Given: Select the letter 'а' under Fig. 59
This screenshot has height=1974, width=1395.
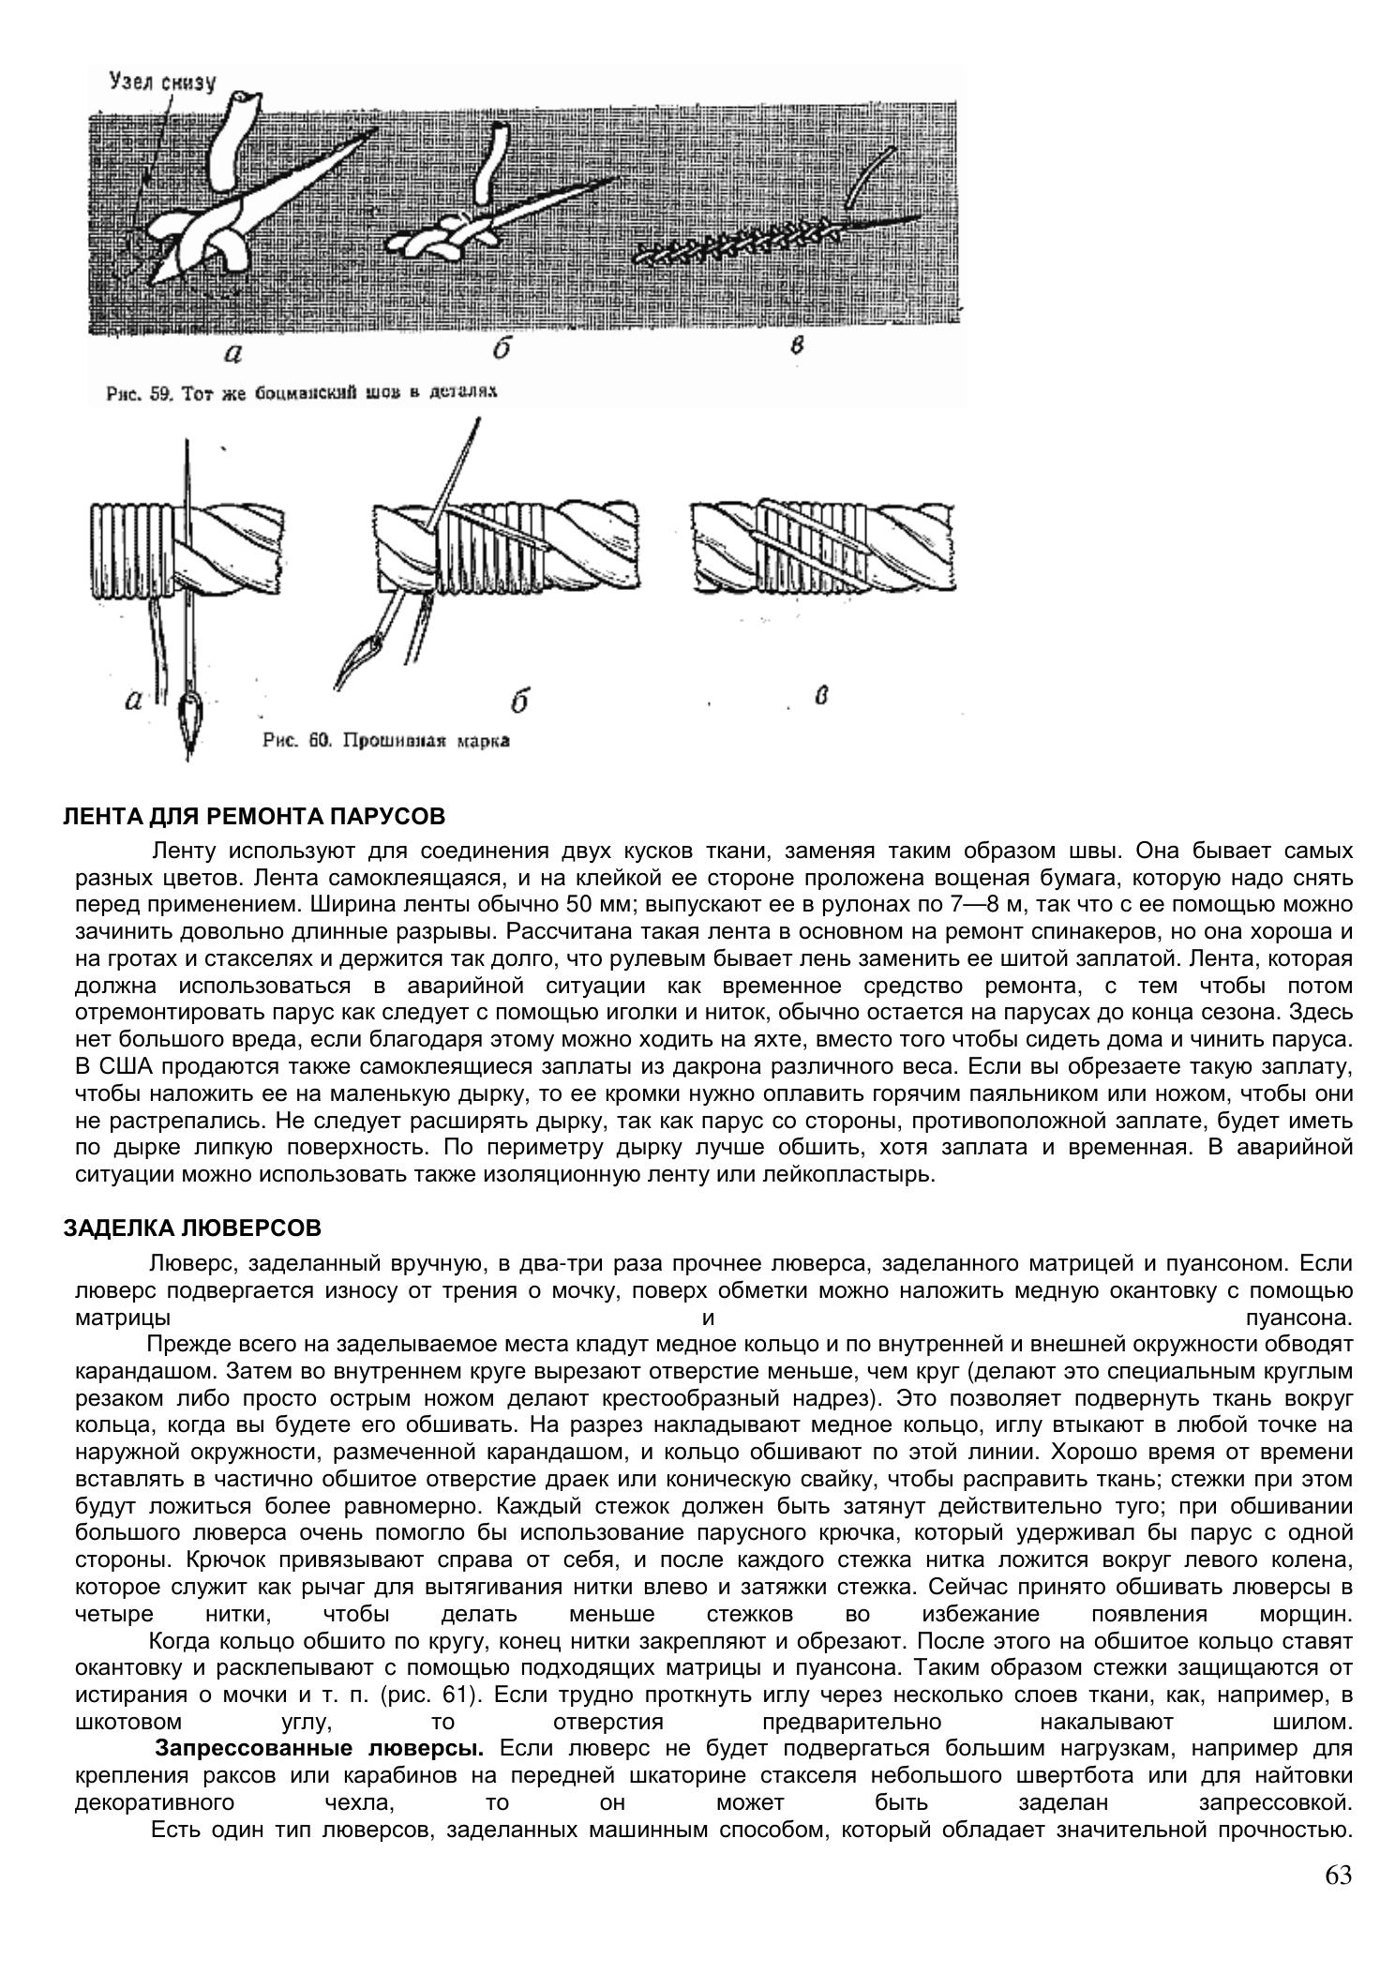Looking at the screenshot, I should (x=233, y=353).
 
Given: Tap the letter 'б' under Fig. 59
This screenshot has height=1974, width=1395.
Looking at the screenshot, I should (x=502, y=348).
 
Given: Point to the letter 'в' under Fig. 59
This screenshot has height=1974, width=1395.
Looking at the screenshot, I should (x=797, y=344).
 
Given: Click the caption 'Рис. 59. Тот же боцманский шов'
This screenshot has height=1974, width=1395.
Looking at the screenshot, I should (x=301, y=393).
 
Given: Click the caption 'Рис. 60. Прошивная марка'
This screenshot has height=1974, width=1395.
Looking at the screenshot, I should (x=386, y=741).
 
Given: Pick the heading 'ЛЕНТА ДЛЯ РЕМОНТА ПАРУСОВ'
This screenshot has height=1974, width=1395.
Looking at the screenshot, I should (x=254, y=816).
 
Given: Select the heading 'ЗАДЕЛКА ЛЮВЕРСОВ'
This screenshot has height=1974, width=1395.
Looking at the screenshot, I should (x=192, y=1228).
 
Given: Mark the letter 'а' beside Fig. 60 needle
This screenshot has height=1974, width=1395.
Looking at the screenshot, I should (x=134, y=700).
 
